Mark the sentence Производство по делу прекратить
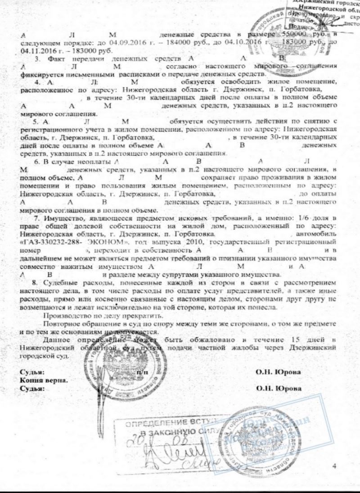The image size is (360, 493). (90, 316)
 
